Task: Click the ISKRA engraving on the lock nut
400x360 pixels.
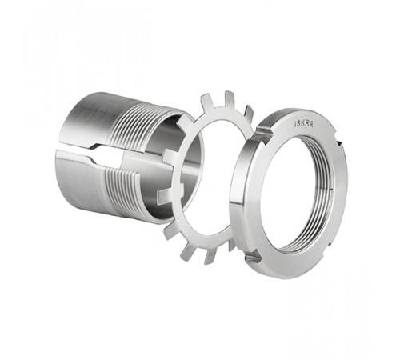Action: click(303, 124)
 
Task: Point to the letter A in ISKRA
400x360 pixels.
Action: click(311, 124)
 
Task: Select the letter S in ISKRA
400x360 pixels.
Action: click(299, 124)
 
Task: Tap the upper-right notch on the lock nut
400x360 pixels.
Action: click(338, 144)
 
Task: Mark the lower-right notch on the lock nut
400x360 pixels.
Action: click(330, 243)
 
